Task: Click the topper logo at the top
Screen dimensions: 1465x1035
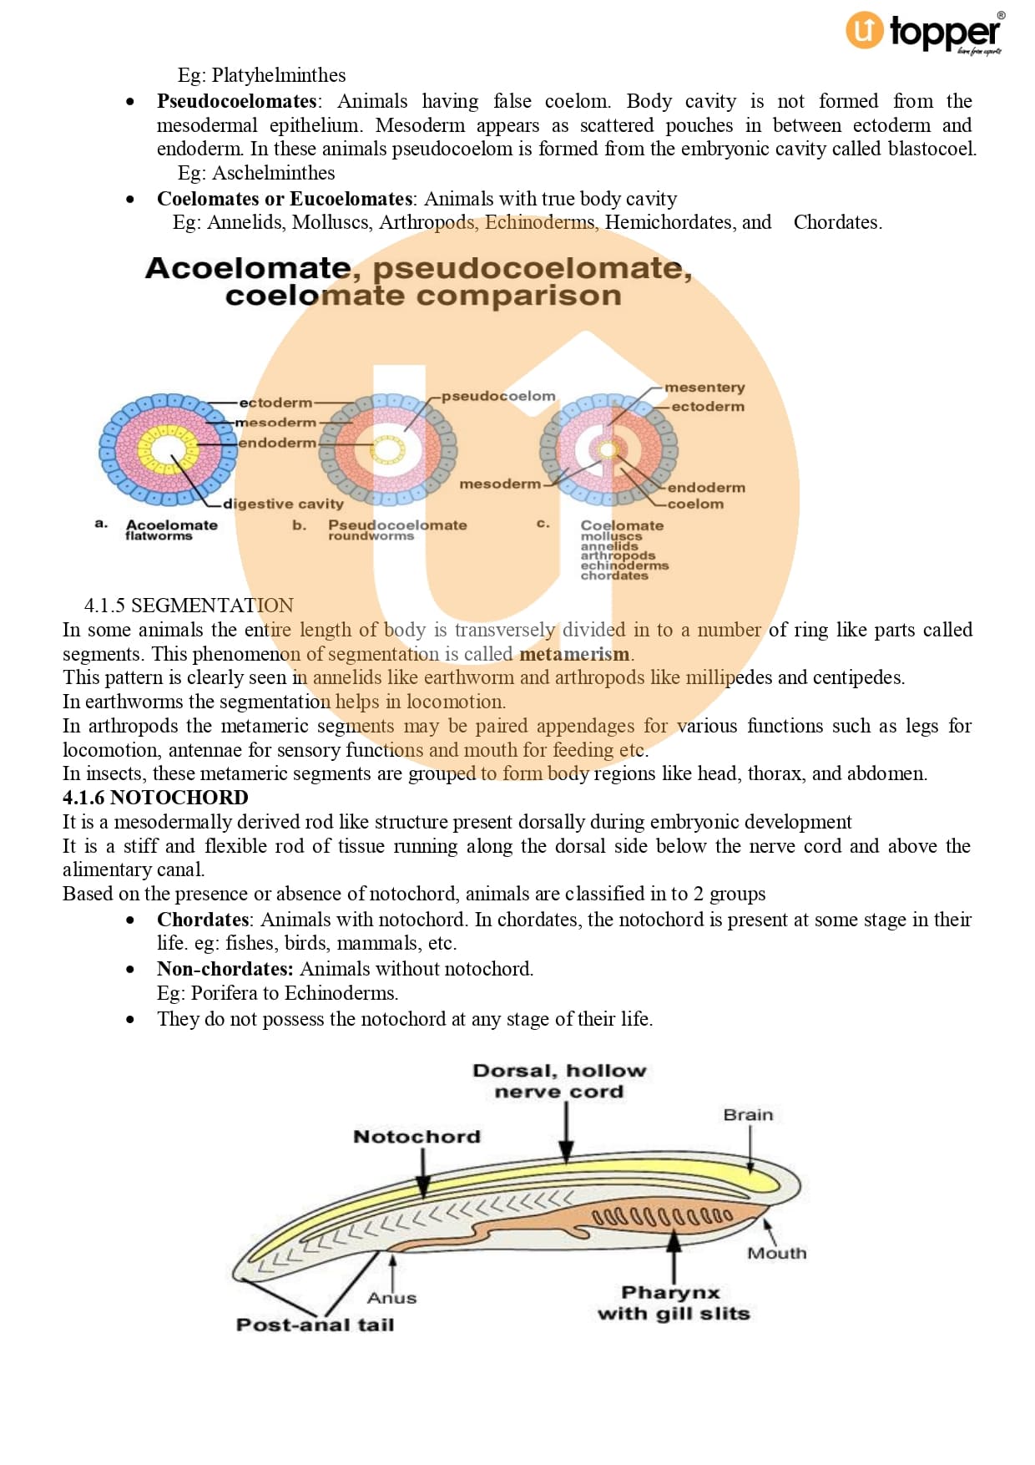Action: [x=925, y=33]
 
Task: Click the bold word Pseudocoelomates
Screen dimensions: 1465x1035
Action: [x=236, y=101]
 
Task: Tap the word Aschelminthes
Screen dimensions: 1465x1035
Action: [x=273, y=173]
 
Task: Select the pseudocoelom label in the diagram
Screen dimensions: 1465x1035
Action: [x=497, y=396]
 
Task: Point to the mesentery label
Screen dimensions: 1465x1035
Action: [x=704, y=388]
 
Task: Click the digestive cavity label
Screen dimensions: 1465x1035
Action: [x=283, y=504]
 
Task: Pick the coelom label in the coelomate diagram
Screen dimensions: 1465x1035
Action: [x=695, y=504]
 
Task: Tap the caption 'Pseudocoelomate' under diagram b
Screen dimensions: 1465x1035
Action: [x=396, y=525]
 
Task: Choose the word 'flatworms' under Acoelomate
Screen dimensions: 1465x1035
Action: [x=159, y=536]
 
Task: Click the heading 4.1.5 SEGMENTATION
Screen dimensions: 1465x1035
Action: [x=189, y=605]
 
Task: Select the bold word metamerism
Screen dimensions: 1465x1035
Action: [x=574, y=654]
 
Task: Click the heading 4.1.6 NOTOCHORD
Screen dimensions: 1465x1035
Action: [x=155, y=798]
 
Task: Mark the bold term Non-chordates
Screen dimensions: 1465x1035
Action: [x=225, y=969]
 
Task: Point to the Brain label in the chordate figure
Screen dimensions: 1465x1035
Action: [x=748, y=1114]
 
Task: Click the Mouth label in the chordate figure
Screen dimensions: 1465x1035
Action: [x=776, y=1253]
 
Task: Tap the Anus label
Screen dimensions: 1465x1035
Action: [x=391, y=1298]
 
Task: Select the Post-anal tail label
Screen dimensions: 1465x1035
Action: [x=315, y=1325]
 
